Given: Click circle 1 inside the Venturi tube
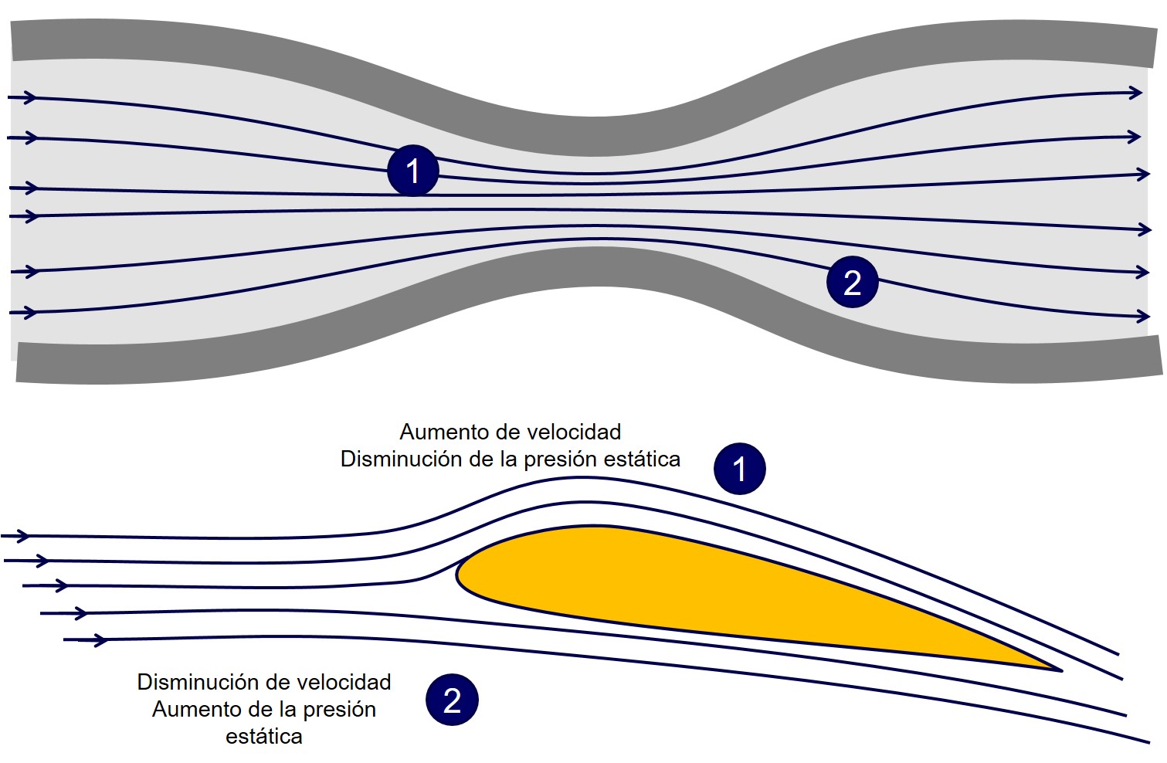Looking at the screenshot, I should click(x=412, y=171).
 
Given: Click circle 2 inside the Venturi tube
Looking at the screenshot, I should click(x=852, y=282).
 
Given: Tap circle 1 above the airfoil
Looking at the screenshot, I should click(x=739, y=469).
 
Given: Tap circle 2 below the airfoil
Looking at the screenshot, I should click(x=452, y=700).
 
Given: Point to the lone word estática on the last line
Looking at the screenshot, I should click(x=264, y=737).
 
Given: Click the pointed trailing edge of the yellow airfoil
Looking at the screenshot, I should click(x=1058, y=669).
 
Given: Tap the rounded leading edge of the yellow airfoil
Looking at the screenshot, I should click(x=460, y=575).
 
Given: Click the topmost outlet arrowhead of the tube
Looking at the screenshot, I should click(x=1135, y=93).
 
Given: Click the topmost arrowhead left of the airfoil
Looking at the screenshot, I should click(x=23, y=536).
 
